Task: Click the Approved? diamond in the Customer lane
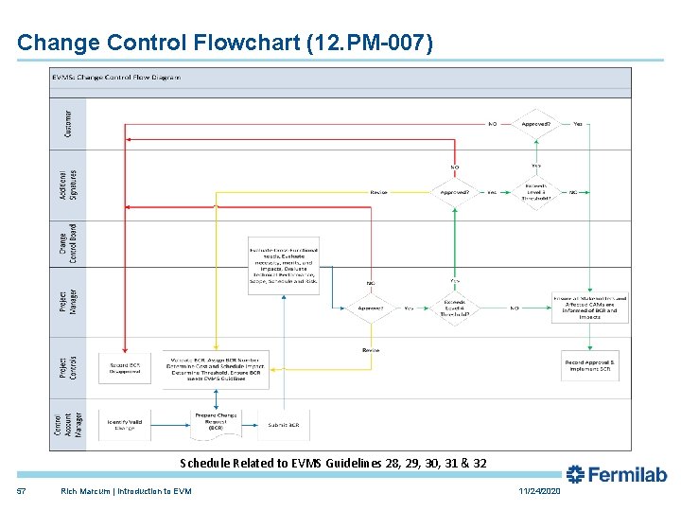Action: tap(536, 123)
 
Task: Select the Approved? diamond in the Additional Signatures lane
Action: tap(454, 192)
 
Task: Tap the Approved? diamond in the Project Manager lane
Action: tap(371, 308)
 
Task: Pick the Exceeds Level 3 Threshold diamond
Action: tap(536, 192)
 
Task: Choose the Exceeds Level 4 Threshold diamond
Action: tap(454, 308)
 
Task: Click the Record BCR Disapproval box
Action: tap(125, 368)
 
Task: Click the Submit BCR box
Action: tap(283, 425)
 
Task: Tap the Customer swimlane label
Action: tap(68, 122)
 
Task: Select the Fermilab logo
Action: tap(616, 474)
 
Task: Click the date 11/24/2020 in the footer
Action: tap(539, 491)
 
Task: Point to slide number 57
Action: tap(22, 491)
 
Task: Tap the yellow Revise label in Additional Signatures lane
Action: tap(378, 192)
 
